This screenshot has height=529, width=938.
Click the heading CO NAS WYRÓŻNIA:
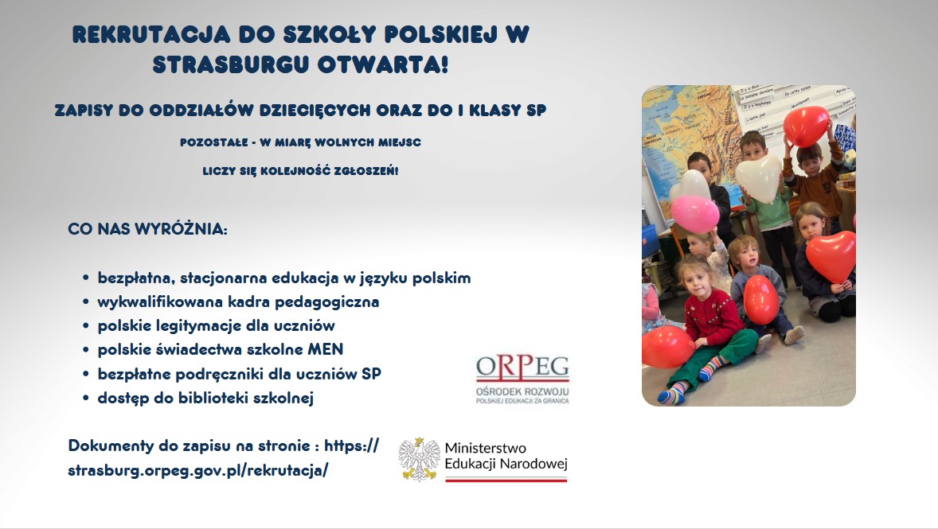point(148,230)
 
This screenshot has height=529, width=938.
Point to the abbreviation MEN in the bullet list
point(327,349)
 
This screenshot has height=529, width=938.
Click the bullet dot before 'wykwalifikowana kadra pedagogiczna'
point(85,303)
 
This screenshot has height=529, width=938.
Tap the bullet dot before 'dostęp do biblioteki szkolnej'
point(85,399)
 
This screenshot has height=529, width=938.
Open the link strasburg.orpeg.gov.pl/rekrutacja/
point(198,469)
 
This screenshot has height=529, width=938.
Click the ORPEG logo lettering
point(523,367)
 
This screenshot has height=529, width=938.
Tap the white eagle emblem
point(420,459)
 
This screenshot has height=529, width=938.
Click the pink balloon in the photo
point(694,213)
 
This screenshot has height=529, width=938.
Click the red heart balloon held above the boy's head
point(806,125)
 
